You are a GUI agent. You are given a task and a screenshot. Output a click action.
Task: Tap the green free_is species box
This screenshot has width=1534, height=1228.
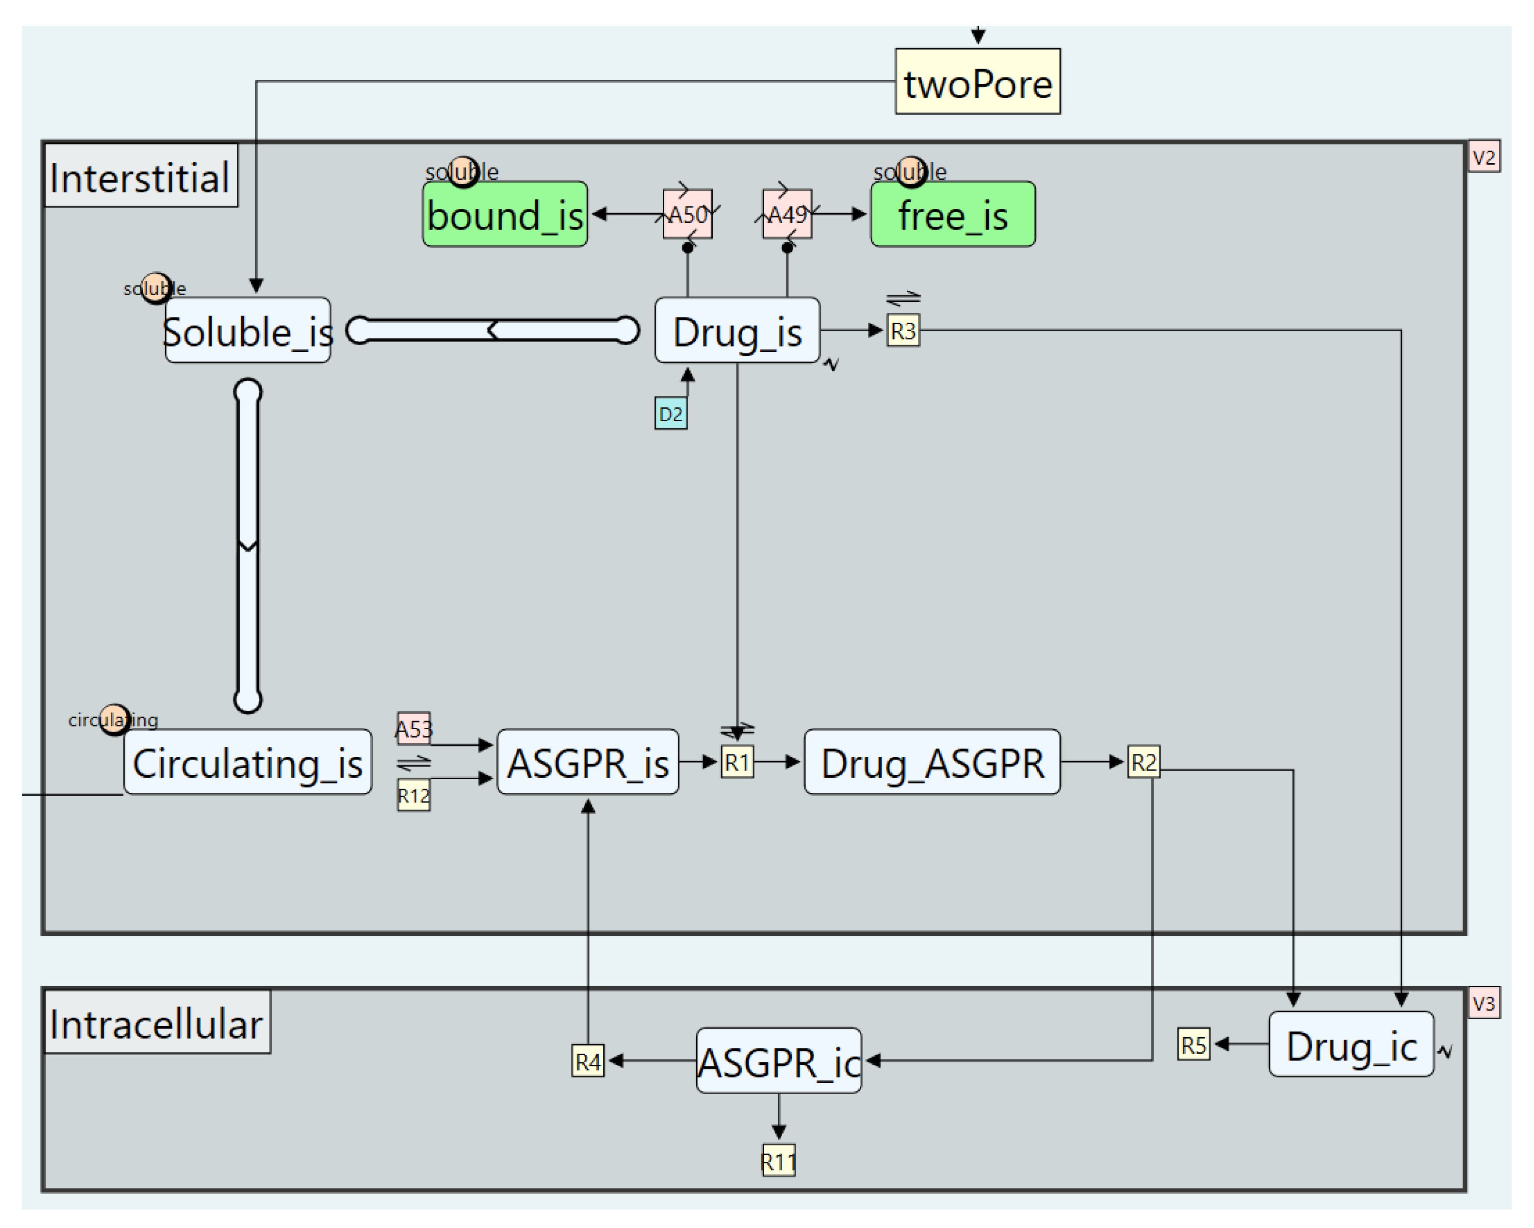pyautogui.click(x=952, y=214)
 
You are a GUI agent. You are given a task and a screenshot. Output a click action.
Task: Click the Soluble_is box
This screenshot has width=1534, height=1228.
pyautogui.click(x=247, y=330)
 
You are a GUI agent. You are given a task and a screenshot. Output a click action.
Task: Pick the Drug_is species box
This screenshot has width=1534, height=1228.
pyautogui.click(x=737, y=330)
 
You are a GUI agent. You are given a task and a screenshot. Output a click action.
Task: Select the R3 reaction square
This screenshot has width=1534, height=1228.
pyautogui.click(x=902, y=330)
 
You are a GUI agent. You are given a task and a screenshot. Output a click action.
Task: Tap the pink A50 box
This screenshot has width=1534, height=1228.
pyautogui.click(x=688, y=214)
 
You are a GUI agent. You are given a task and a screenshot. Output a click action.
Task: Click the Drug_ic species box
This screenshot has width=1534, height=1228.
pyautogui.click(x=1350, y=1044)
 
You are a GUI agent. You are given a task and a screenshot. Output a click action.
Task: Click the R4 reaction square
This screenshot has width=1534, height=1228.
pyautogui.click(x=587, y=1061)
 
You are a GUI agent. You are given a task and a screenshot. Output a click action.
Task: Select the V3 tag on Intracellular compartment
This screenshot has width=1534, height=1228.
pyautogui.click(x=1484, y=1002)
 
